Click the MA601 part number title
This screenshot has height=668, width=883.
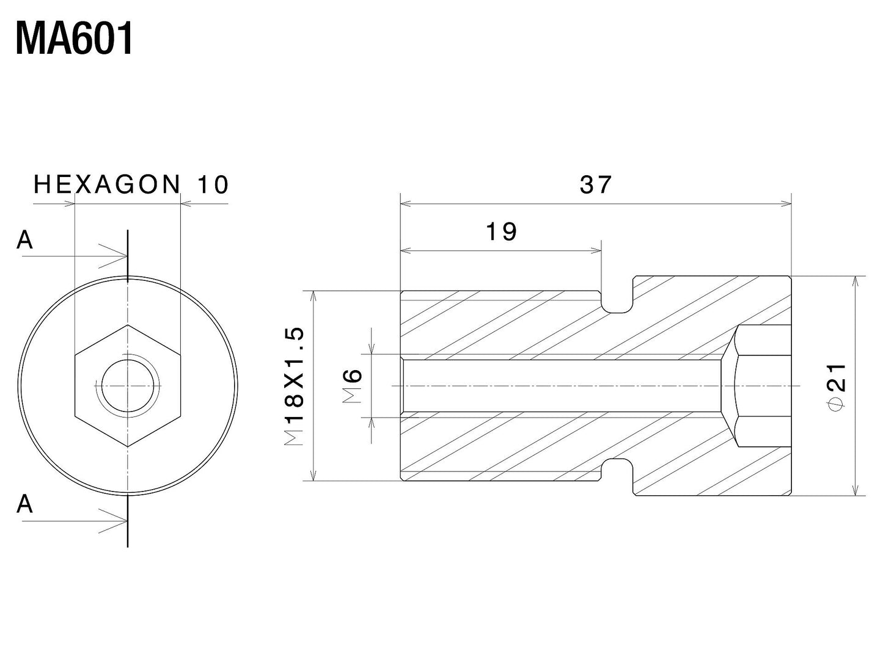(74, 39)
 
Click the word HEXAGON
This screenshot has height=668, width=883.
(108, 184)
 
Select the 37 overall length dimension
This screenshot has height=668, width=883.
(595, 184)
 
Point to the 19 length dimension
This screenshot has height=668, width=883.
(501, 232)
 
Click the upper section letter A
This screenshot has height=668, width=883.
(24, 241)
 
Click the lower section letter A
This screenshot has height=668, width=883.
(24, 504)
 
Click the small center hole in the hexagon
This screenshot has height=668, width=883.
(128, 386)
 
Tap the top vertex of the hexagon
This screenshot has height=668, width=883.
(128, 325)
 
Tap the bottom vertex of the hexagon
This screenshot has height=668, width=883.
(128, 447)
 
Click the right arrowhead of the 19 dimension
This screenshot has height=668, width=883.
(596, 250)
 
